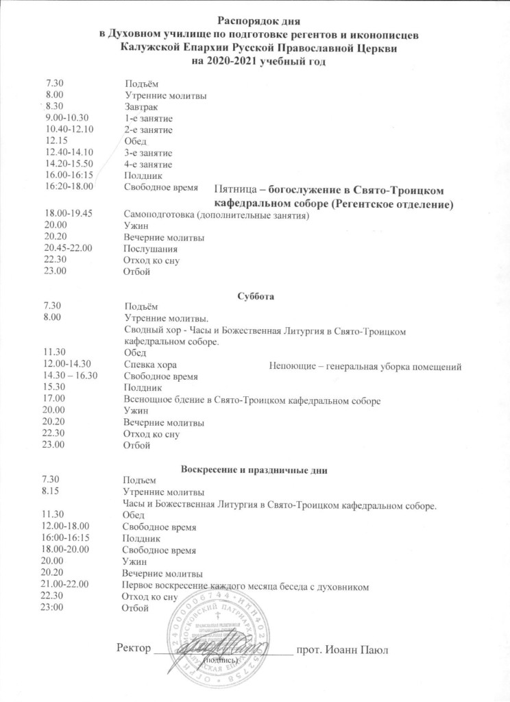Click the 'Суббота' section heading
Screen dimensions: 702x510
click(x=254, y=297)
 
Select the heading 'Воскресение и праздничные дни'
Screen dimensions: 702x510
click(x=254, y=470)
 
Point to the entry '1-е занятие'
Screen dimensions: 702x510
click(x=148, y=119)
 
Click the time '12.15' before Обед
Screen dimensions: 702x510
click(x=56, y=141)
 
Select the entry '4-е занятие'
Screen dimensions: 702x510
click(x=148, y=165)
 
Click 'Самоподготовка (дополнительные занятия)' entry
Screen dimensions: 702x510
click(x=217, y=215)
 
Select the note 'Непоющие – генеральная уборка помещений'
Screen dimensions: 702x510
click(x=365, y=365)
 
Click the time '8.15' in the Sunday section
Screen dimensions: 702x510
click(x=51, y=492)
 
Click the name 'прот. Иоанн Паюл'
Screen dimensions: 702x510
click(x=341, y=649)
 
